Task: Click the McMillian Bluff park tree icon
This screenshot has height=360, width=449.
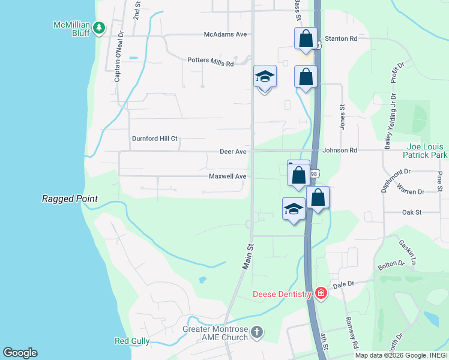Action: (x=99, y=27)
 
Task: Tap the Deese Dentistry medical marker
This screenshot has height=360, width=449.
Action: (x=321, y=293)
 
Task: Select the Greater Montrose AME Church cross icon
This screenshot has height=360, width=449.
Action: (x=257, y=332)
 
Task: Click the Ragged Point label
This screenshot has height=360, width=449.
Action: (x=70, y=199)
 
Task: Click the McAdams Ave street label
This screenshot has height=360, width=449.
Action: (x=226, y=34)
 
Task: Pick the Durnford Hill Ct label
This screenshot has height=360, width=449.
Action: (x=155, y=139)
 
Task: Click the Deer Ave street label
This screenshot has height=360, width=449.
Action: (x=234, y=152)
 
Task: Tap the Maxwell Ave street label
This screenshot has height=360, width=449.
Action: (x=228, y=176)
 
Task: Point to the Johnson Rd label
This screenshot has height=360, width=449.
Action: (x=340, y=150)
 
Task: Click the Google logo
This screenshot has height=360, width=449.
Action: (x=20, y=353)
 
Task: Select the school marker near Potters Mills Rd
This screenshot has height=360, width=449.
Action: (x=265, y=77)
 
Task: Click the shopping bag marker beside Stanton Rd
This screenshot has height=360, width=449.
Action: (x=306, y=38)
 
